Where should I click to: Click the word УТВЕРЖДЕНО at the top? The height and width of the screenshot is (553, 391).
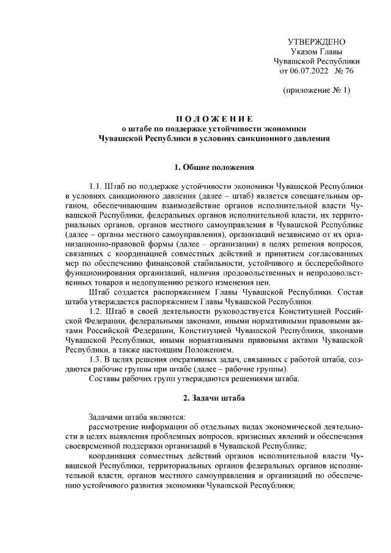(x=316, y=42)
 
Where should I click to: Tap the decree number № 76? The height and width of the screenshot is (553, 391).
(x=344, y=71)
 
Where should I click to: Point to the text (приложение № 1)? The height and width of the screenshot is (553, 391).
(x=316, y=90)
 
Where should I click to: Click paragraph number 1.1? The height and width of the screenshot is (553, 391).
(x=96, y=185)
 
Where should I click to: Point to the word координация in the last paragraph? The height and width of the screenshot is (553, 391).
(x=111, y=457)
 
